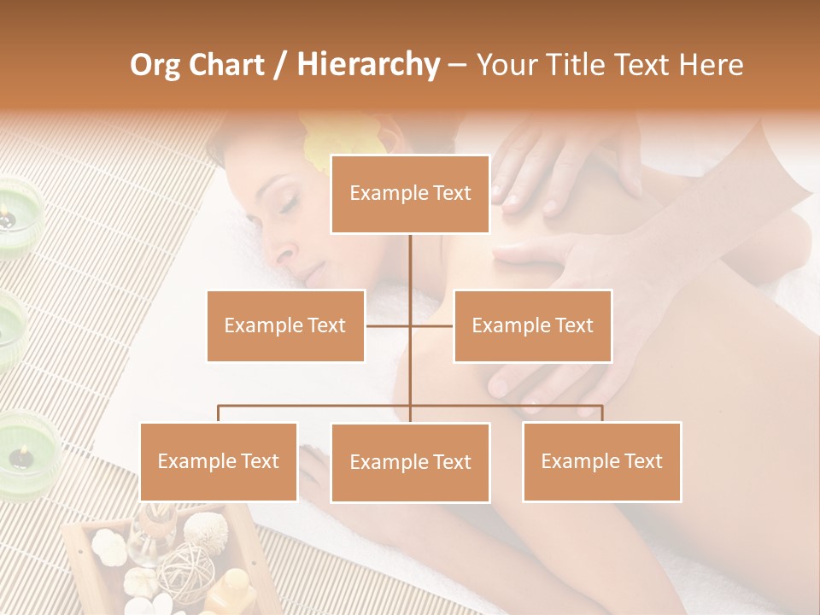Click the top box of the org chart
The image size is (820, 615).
click(x=410, y=194)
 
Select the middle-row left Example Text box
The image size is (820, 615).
click(x=285, y=325)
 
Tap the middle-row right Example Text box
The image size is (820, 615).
click(x=532, y=325)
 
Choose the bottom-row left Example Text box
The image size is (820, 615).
click(x=219, y=461)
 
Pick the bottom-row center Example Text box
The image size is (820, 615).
click(x=410, y=462)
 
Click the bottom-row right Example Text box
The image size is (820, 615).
click(x=601, y=461)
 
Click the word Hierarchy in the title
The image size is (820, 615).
click(x=367, y=64)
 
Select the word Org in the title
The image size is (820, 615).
click(x=155, y=64)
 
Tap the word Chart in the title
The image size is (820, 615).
click(x=225, y=64)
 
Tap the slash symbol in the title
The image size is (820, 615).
click(x=280, y=65)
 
